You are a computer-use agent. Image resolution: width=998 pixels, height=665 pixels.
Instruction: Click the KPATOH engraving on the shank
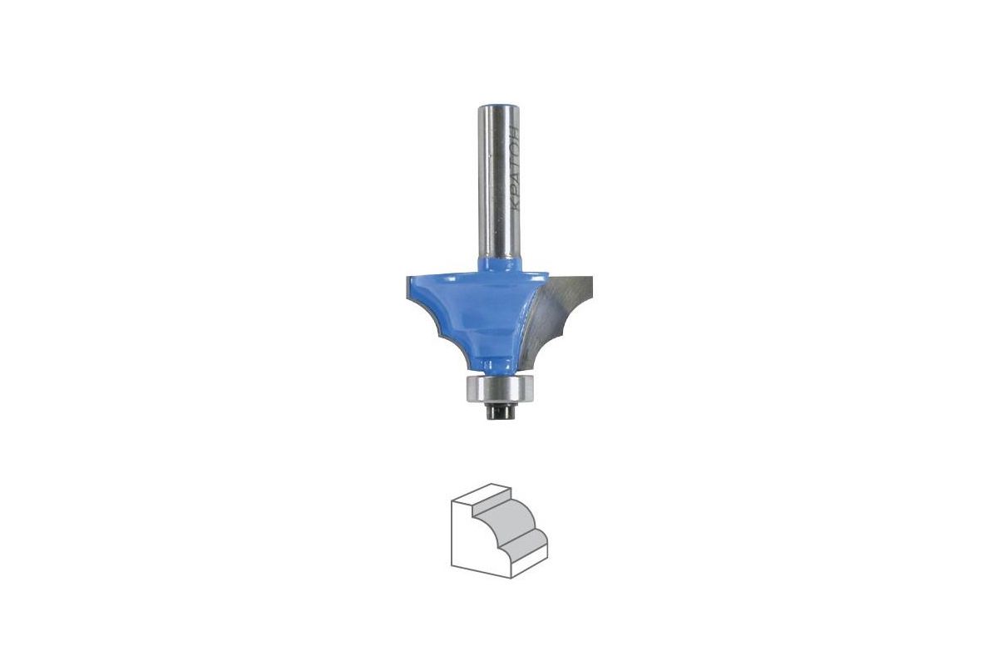coord(514,169)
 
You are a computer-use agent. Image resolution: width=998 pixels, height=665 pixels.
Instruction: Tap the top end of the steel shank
coord(498,106)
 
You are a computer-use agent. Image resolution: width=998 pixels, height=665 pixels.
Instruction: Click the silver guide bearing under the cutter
coord(500,388)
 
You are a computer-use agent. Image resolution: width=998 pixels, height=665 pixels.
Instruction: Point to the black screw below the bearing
coord(499,411)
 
